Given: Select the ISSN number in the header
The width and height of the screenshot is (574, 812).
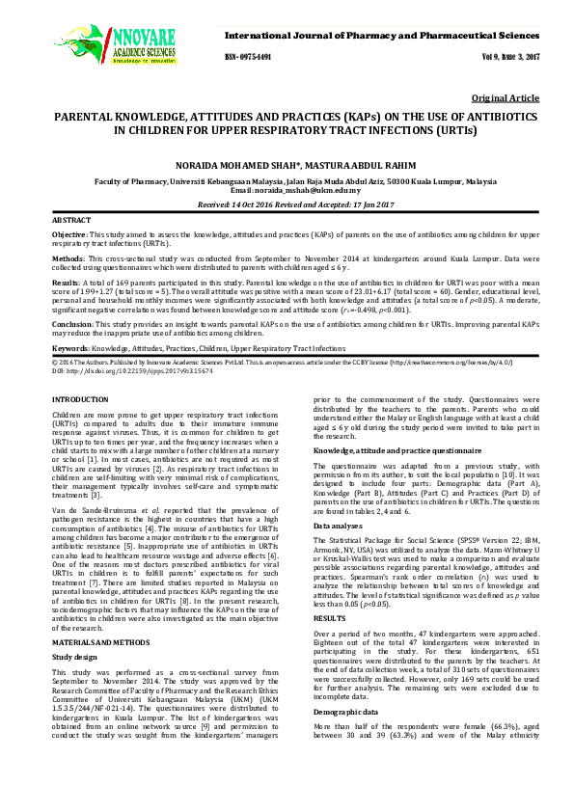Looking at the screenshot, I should click(249, 57).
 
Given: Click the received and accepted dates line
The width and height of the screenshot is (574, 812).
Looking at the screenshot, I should click(287, 204).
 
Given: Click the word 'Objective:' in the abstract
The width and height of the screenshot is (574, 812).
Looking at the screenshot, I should click(68, 234).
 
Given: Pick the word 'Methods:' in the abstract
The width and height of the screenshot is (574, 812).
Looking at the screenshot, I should click(68, 258).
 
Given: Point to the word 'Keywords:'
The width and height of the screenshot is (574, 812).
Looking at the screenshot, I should click(72, 347).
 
